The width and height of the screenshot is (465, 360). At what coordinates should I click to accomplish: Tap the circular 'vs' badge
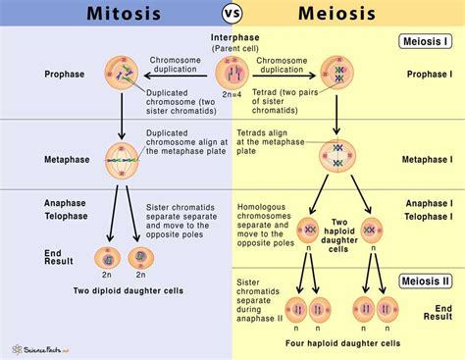point(233,17)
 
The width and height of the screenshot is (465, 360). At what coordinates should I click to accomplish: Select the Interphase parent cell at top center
point(233,75)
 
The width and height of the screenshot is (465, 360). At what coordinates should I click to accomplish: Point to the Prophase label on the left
point(66,74)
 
